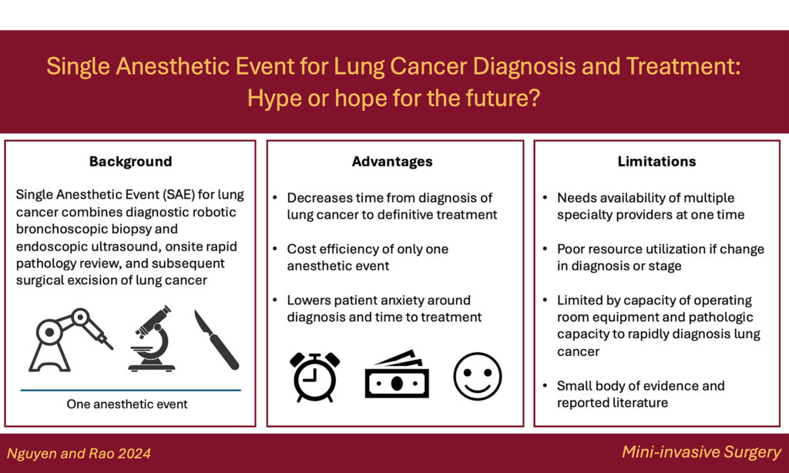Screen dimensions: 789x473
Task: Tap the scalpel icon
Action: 217,340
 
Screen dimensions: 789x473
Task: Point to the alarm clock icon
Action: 315,377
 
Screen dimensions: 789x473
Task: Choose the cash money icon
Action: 397,374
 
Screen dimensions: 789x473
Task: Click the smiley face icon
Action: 478,377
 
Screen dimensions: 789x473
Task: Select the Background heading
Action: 130,162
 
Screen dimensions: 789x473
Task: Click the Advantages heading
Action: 392,162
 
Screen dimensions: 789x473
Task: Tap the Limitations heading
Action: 656,162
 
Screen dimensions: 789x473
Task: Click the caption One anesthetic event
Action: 127,404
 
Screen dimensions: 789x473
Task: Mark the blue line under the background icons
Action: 131,390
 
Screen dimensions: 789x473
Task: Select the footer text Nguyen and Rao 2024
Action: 79,454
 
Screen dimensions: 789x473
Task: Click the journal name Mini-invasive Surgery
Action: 701,452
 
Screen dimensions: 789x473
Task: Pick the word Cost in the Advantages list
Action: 300,249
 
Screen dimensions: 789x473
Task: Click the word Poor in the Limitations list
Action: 571,249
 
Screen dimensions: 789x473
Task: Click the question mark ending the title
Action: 534,98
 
